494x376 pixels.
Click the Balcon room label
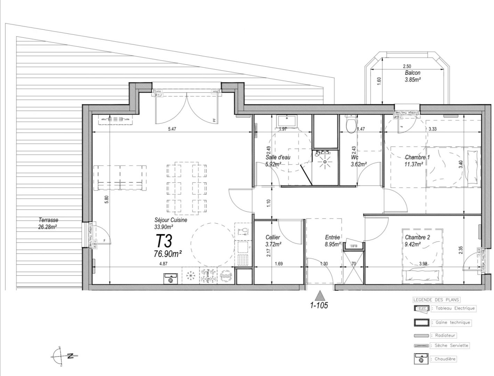pyautogui.click(x=412, y=73)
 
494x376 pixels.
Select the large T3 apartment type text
pyautogui.click(x=164, y=241)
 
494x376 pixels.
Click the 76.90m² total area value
pyautogui.click(x=168, y=254)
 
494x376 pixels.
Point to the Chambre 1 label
pyautogui.click(x=417, y=157)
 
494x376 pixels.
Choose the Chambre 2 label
pyautogui.click(x=417, y=237)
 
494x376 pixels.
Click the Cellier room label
pyautogui.click(x=273, y=237)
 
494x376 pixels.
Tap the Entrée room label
pyautogui.click(x=332, y=237)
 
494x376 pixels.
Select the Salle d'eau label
pyautogui.click(x=278, y=157)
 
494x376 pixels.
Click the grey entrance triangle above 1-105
pyautogui.click(x=319, y=296)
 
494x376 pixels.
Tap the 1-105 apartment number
pyautogui.click(x=319, y=306)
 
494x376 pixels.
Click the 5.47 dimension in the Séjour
pyautogui.click(x=172, y=129)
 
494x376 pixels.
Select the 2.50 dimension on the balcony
pyautogui.click(x=407, y=66)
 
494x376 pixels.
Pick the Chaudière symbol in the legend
pyautogui.click(x=422, y=359)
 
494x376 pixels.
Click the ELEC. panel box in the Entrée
pyautogui.click(x=354, y=246)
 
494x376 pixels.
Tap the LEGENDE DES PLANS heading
pyautogui.click(x=436, y=300)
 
